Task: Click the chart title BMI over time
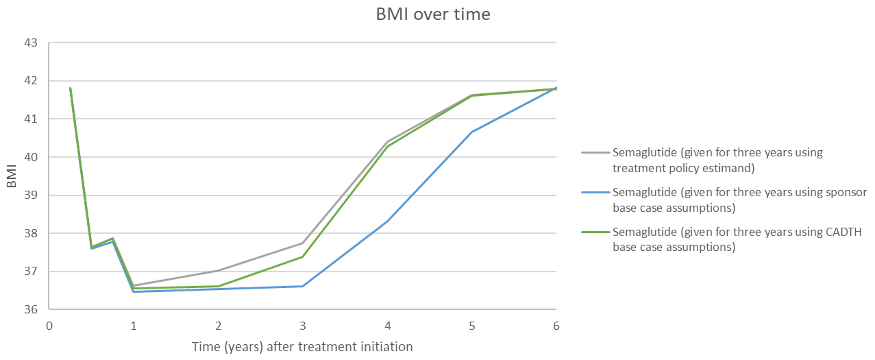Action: click(x=433, y=14)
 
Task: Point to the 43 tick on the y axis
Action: click(x=31, y=43)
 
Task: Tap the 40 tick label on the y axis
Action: click(x=31, y=157)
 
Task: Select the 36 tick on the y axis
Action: click(x=31, y=309)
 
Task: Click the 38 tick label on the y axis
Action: click(x=31, y=233)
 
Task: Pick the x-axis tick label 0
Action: click(x=49, y=326)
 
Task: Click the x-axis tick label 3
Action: click(x=303, y=326)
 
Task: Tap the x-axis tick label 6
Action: click(x=556, y=326)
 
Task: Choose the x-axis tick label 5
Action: click(x=472, y=326)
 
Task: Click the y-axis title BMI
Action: click(x=12, y=176)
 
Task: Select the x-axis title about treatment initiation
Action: click(x=302, y=347)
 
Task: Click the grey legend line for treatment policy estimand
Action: click(x=595, y=152)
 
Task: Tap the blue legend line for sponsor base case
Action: click(x=595, y=192)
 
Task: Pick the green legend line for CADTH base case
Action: click(x=595, y=232)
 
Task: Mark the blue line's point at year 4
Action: click(x=387, y=221)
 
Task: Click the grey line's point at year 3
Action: click(x=303, y=243)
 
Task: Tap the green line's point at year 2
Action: click(x=218, y=286)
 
